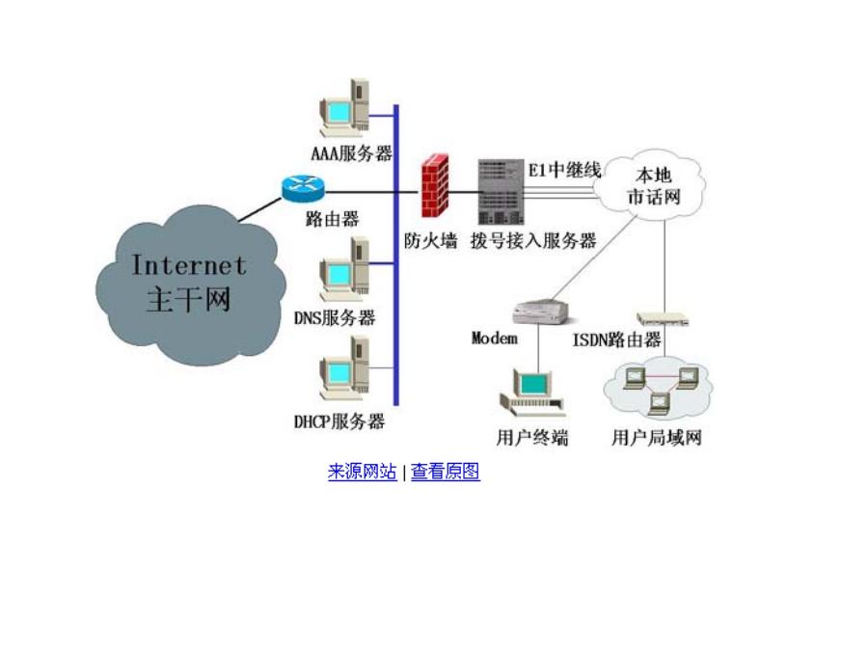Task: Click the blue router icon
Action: coord(303,189)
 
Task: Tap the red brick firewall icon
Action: coord(435,186)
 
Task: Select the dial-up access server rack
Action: coord(501,192)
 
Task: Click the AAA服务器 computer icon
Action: coord(345,107)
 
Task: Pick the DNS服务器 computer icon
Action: coord(345,268)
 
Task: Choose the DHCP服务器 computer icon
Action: coord(345,369)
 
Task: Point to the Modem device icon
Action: coord(541,312)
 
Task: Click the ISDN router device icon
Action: coord(663,319)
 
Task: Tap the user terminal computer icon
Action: coord(532,393)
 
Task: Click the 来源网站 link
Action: coord(362,472)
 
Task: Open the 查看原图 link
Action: coord(445,472)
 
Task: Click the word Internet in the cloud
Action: coord(189,265)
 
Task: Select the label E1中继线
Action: coord(564,170)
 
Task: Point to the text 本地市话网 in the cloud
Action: coord(654,186)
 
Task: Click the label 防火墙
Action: coord(431,241)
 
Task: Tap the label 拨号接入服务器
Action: coord(533,241)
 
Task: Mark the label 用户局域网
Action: coord(657,438)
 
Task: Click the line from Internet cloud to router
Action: coord(260,209)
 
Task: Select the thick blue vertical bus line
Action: coord(396,255)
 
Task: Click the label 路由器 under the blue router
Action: coord(332,219)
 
